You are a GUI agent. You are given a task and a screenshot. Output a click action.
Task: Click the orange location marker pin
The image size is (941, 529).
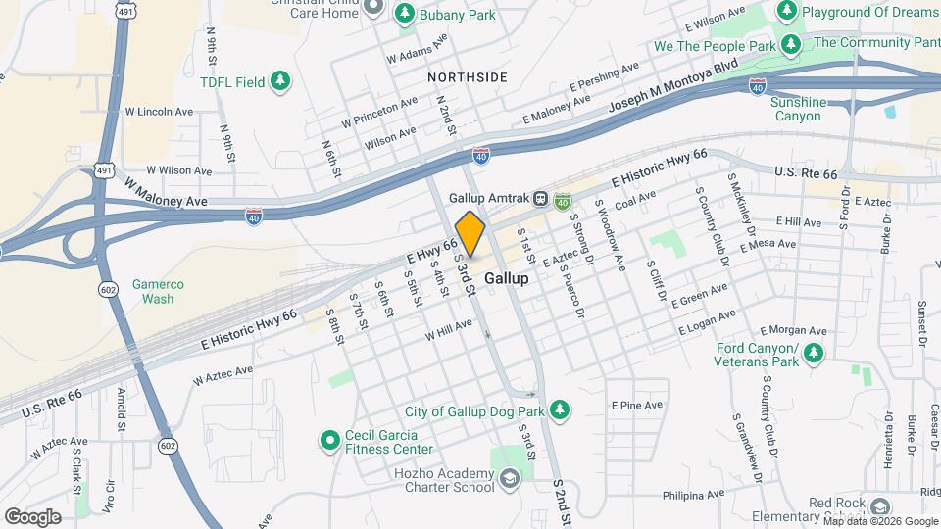point(470,234)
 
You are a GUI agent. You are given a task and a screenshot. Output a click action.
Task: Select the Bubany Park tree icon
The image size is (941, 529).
point(404,15)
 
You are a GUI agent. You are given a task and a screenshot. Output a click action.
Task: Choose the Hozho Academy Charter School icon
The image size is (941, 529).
point(509,478)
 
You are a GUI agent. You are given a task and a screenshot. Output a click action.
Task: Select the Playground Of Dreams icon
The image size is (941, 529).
point(786,11)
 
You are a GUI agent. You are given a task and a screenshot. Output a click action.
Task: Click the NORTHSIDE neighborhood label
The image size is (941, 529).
point(467,77)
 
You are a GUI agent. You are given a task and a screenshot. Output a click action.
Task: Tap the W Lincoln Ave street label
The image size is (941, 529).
point(159,112)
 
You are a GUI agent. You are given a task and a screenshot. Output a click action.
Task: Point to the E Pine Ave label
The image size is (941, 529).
point(637,405)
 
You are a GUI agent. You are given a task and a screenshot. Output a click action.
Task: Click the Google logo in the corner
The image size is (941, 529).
point(32,516)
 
